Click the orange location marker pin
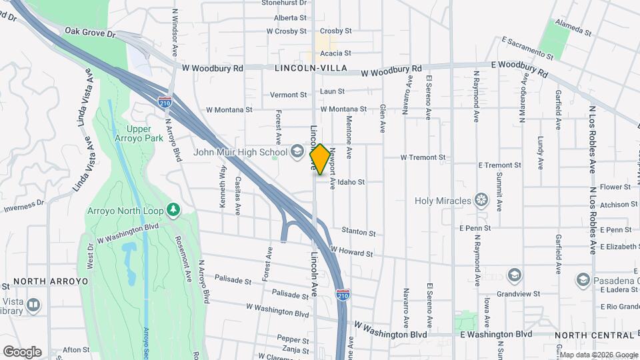click(x=320, y=159)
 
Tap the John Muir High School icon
click(x=297, y=152)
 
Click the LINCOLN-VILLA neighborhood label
click(x=303, y=69)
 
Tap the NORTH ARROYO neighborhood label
click(x=51, y=282)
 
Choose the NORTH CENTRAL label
click(x=586, y=335)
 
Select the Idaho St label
click(x=351, y=182)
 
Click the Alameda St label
click(x=575, y=31)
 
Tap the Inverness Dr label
click(x=23, y=208)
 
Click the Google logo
click(x=22, y=352)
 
